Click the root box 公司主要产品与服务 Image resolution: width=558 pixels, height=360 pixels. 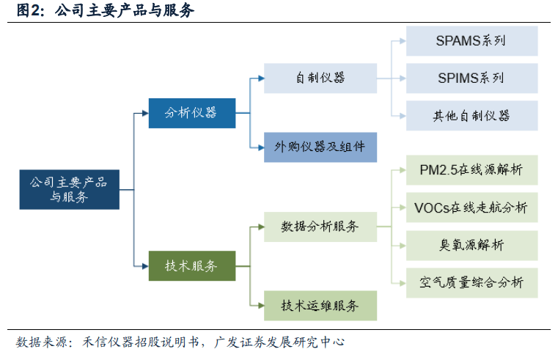[69, 189]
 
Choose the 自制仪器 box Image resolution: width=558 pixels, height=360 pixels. [320, 78]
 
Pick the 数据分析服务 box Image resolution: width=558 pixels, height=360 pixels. [320, 227]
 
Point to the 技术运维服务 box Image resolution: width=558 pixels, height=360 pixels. [320, 305]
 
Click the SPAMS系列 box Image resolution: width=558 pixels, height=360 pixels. [471, 41]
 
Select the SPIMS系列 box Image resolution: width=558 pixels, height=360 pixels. [471, 78]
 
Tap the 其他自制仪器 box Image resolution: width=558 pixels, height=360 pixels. [471, 116]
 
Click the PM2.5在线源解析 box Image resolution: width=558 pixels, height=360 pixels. [471, 170]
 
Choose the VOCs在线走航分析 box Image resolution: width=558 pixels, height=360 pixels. [471, 207]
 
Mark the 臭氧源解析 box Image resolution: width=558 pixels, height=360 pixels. [471, 245]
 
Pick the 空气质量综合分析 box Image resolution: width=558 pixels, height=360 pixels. [471, 282]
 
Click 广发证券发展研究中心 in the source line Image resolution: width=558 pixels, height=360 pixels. [279, 342]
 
